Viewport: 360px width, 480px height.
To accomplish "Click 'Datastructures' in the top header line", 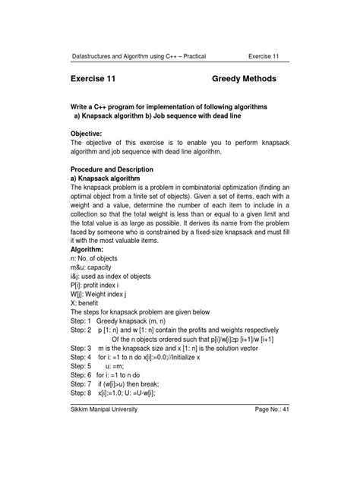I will pos(95,55).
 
